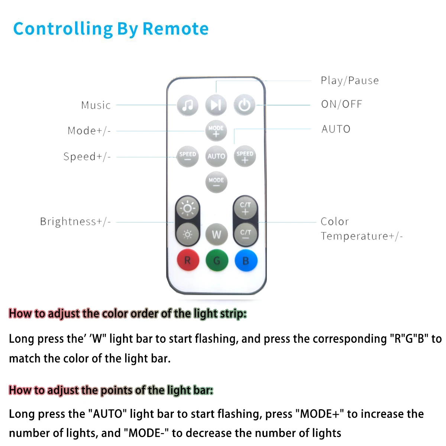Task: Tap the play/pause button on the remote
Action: click(x=216, y=105)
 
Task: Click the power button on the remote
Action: click(x=244, y=105)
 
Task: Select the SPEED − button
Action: click(x=188, y=156)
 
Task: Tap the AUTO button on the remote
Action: click(x=216, y=156)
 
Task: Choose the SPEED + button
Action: click(x=245, y=156)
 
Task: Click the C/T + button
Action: click(x=245, y=208)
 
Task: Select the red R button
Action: click(x=188, y=260)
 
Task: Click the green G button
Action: click(x=216, y=260)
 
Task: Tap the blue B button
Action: click(x=246, y=260)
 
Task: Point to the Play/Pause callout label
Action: click(x=350, y=81)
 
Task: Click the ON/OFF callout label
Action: click(x=342, y=104)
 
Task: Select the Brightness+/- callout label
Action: click(x=75, y=222)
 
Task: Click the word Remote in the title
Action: click(x=175, y=29)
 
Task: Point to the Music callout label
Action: click(x=96, y=106)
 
